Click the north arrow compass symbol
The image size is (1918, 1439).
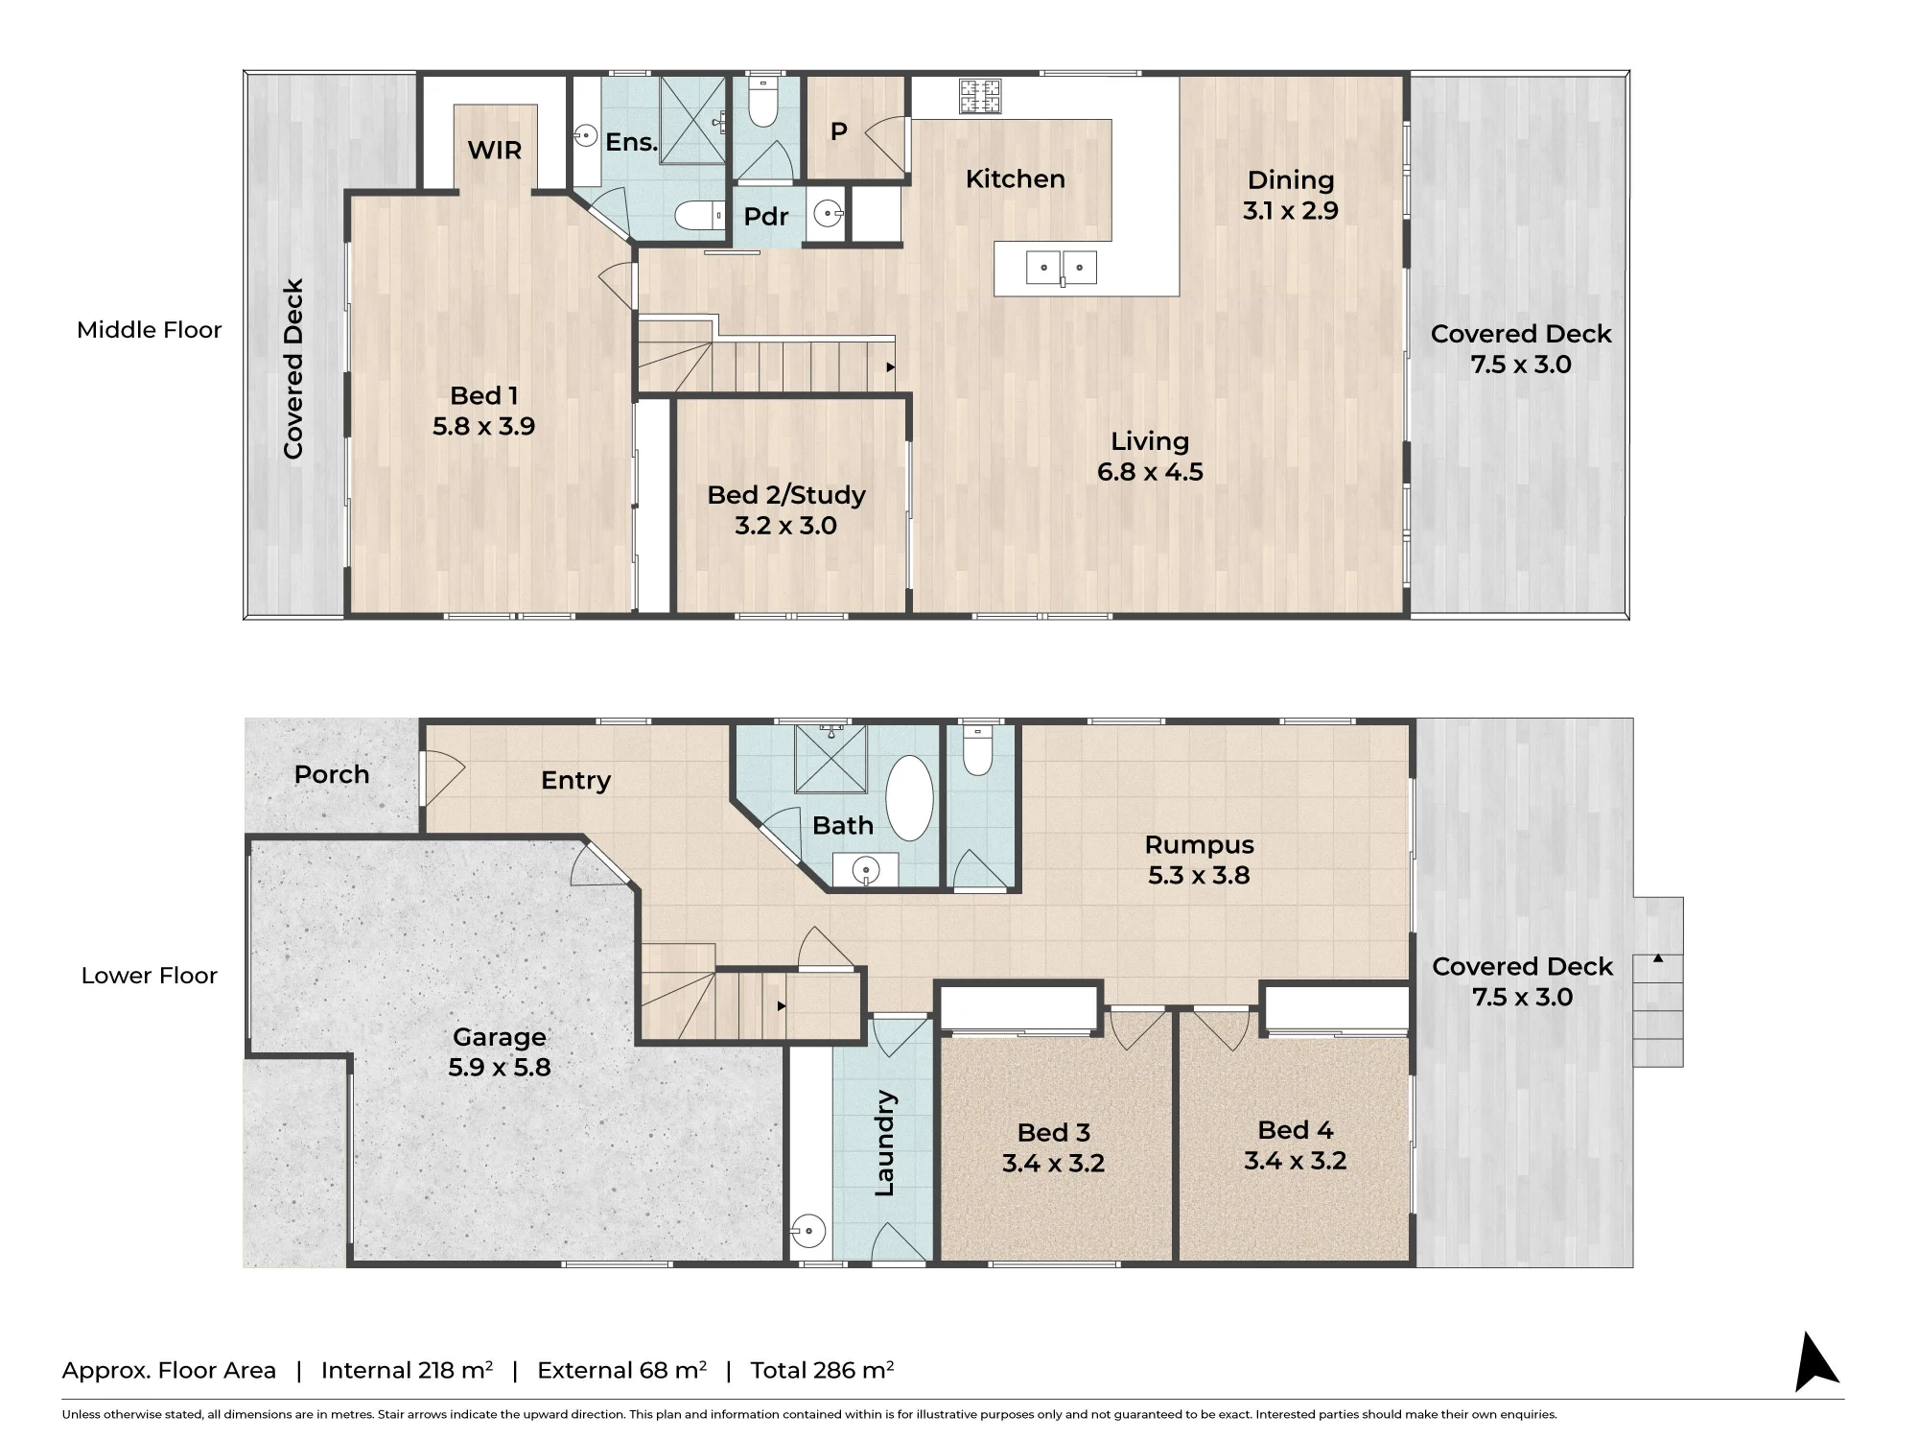tap(1815, 1364)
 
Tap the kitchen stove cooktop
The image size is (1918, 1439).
tap(980, 96)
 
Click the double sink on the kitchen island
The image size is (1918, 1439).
tap(1062, 268)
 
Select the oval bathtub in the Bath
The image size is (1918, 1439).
tap(909, 798)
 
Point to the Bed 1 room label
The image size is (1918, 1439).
tap(484, 395)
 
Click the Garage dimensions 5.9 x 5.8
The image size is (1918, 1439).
tap(500, 1067)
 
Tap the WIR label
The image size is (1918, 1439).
tap(495, 150)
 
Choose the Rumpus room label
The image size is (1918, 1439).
tap(1200, 845)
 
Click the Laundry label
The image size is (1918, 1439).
tap(884, 1144)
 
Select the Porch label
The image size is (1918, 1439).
tap(332, 774)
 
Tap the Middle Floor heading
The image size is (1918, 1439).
tap(150, 330)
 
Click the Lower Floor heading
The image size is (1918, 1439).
tap(150, 976)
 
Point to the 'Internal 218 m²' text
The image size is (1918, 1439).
tap(408, 1370)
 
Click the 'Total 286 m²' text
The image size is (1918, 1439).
tap(822, 1370)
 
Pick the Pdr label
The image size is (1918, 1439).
tap(766, 216)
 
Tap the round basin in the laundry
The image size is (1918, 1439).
tap(809, 1231)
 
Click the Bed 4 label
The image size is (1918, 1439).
tap(1296, 1130)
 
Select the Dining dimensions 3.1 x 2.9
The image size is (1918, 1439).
tap(1291, 210)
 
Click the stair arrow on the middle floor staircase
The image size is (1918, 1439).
tap(891, 367)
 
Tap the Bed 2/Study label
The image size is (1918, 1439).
tap(786, 495)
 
